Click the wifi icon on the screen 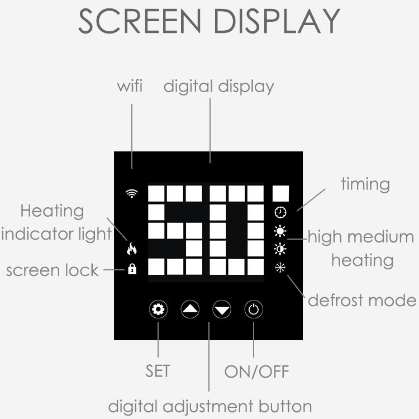click(x=132, y=193)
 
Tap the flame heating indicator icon click(x=132, y=249)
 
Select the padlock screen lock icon click(x=132, y=269)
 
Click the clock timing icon click(x=280, y=212)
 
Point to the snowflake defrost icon click(x=280, y=268)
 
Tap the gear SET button click(x=158, y=309)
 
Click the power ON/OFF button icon click(x=254, y=310)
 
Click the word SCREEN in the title click(x=139, y=21)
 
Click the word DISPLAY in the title click(x=277, y=21)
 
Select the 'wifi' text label click(x=130, y=86)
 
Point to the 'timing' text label click(x=365, y=184)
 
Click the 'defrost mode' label click(x=362, y=300)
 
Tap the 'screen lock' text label click(x=53, y=270)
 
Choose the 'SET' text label click(x=158, y=371)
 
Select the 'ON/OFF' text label click(x=257, y=372)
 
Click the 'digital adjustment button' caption click(x=209, y=407)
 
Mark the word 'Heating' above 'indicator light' click(x=52, y=211)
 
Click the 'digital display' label click(x=218, y=87)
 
